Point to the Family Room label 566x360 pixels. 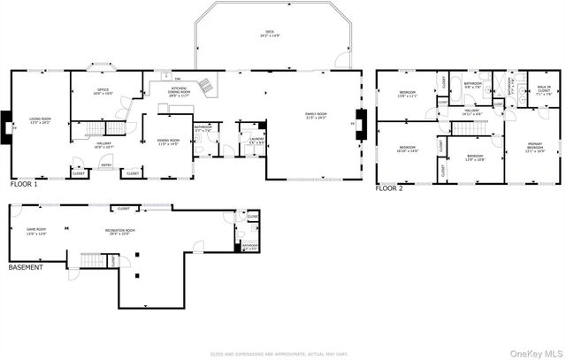point(316,115)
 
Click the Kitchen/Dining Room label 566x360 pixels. point(179,93)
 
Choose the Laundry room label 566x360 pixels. point(256,140)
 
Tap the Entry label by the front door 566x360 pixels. point(106,165)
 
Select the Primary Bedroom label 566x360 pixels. point(535,149)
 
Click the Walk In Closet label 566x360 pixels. point(541,88)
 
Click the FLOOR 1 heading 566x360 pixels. point(24,185)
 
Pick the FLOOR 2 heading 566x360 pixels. point(389,188)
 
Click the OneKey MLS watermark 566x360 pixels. point(532,352)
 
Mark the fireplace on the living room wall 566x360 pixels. point(7,126)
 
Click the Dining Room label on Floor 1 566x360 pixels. point(168,142)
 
